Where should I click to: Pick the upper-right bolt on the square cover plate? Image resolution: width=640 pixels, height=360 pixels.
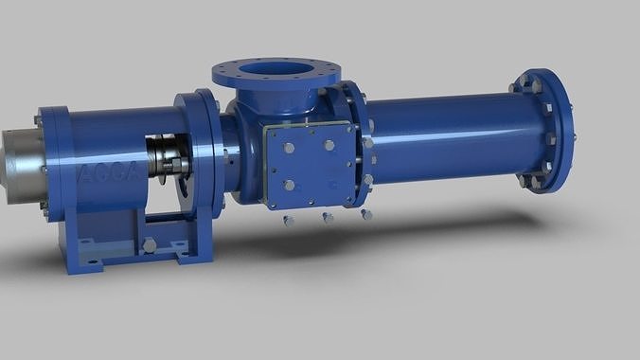[x=329, y=146]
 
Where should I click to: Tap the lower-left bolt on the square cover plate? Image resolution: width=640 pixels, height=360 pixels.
[x=281, y=184]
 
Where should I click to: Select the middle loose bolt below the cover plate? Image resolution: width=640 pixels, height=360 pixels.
[x=328, y=219]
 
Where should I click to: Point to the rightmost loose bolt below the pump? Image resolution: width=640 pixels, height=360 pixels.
[x=366, y=215]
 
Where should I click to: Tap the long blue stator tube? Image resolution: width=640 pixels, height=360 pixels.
[x=445, y=133]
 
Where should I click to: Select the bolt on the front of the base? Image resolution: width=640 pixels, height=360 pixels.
[x=150, y=246]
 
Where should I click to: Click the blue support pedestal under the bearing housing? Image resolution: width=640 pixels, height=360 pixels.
[x=133, y=237]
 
